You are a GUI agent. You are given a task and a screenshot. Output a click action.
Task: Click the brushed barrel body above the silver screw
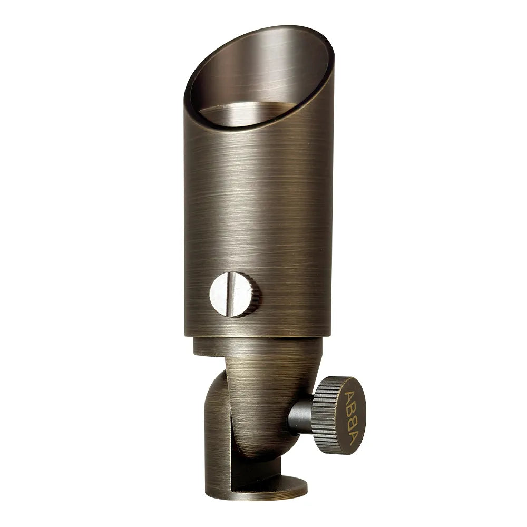coord(258,211)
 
